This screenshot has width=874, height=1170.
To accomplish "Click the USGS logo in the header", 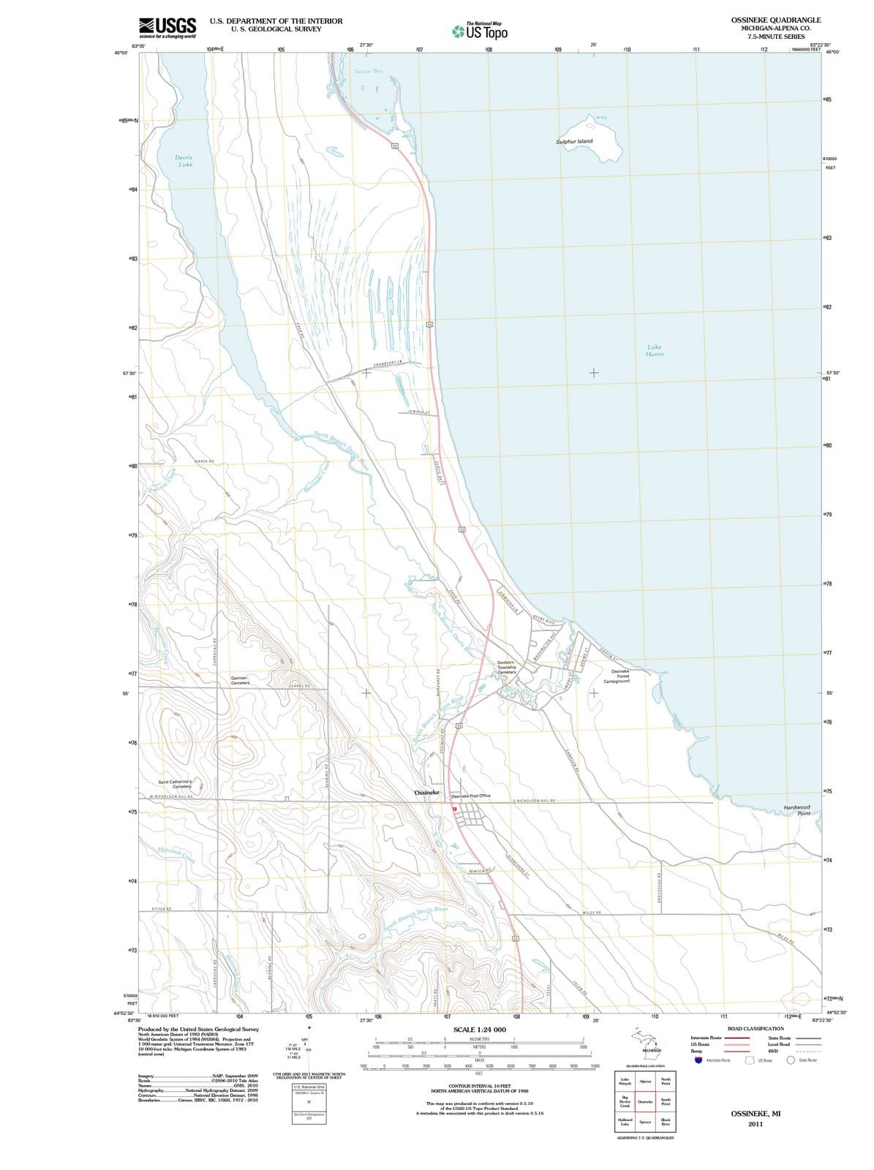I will pyautogui.click(x=167, y=27).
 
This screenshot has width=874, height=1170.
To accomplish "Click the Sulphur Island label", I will pyautogui.click(x=574, y=141).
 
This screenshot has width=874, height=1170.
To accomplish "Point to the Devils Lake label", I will pyautogui.click(x=184, y=161).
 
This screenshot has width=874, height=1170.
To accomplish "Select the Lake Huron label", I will pyautogui.click(x=655, y=350).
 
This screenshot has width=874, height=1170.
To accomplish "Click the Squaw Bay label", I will pyautogui.click(x=369, y=72).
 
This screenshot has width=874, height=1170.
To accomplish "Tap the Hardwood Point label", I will pyautogui.click(x=797, y=810).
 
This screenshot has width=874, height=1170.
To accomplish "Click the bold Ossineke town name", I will pyautogui.click(x=427, y=793).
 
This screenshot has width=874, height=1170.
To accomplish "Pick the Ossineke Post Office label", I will pyautogui.click(x=471, y=796).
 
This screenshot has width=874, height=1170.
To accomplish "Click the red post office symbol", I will pyautogui.click(x=454, y=809).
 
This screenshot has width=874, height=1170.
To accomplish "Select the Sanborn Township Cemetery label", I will pyautogui.click(x=507, y=667).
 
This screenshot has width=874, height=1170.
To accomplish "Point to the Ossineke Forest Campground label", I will pyautogui.click(x=617, y=676).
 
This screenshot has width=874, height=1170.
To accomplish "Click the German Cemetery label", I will pyautogui.click(x=240, y=680).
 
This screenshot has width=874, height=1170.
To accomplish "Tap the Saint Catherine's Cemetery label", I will pyautogui.click(x=176, y=783).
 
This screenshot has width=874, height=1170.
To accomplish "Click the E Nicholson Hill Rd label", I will pyautogui.click(x=533, y=801).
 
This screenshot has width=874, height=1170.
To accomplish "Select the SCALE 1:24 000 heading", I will pyautogui.click(x=479, y=1030).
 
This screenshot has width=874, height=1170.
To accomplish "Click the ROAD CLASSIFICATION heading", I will pyautogui.click(x=756, y=1028).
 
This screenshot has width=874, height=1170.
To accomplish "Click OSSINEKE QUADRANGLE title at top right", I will pyautogui.click(x=775, y=20).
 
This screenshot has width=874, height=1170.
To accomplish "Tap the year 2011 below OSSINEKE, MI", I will pyautogui.click(x=756, y=1125).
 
